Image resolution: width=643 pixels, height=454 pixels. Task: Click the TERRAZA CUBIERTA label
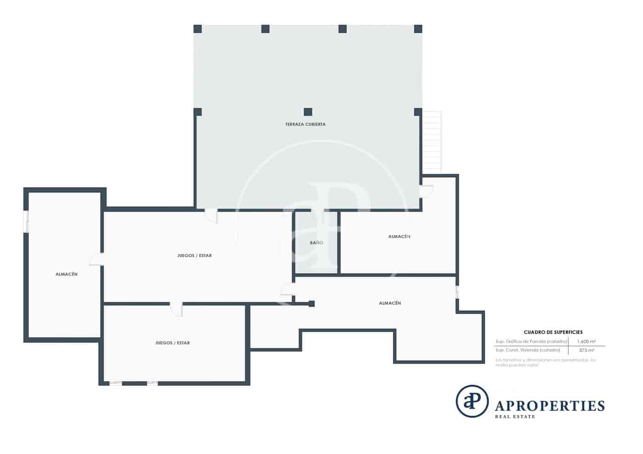[305, 124]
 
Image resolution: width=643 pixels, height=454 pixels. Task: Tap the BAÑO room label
[316, 243]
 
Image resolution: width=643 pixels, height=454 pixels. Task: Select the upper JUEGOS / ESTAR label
[194, 256]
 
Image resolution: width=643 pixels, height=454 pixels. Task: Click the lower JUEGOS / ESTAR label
[172, 343]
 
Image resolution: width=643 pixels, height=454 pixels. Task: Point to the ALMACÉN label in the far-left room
[67, 275]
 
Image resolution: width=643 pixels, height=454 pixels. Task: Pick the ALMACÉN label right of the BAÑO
[399, 237]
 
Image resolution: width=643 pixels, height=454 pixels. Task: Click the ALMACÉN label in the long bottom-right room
[390, 303]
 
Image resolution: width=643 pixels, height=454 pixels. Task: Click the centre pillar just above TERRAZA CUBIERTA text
[308, 112]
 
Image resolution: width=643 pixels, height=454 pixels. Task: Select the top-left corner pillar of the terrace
[197, 29]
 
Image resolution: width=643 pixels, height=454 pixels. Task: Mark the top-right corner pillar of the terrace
[418, 29]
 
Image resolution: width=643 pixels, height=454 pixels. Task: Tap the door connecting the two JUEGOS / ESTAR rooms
[177, 309]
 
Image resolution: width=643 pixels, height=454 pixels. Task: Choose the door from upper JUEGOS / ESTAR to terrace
[211, 215]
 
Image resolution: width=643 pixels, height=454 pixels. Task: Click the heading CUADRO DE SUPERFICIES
[553, 332]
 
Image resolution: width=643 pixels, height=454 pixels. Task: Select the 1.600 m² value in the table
[587, 342]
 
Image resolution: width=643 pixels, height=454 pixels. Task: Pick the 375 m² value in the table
[587, 350]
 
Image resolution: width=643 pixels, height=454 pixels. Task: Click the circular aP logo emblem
[472, 401]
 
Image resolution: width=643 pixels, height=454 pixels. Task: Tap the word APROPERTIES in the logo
[550, 406]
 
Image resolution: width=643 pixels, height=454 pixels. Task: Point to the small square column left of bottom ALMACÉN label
[311, 303]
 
